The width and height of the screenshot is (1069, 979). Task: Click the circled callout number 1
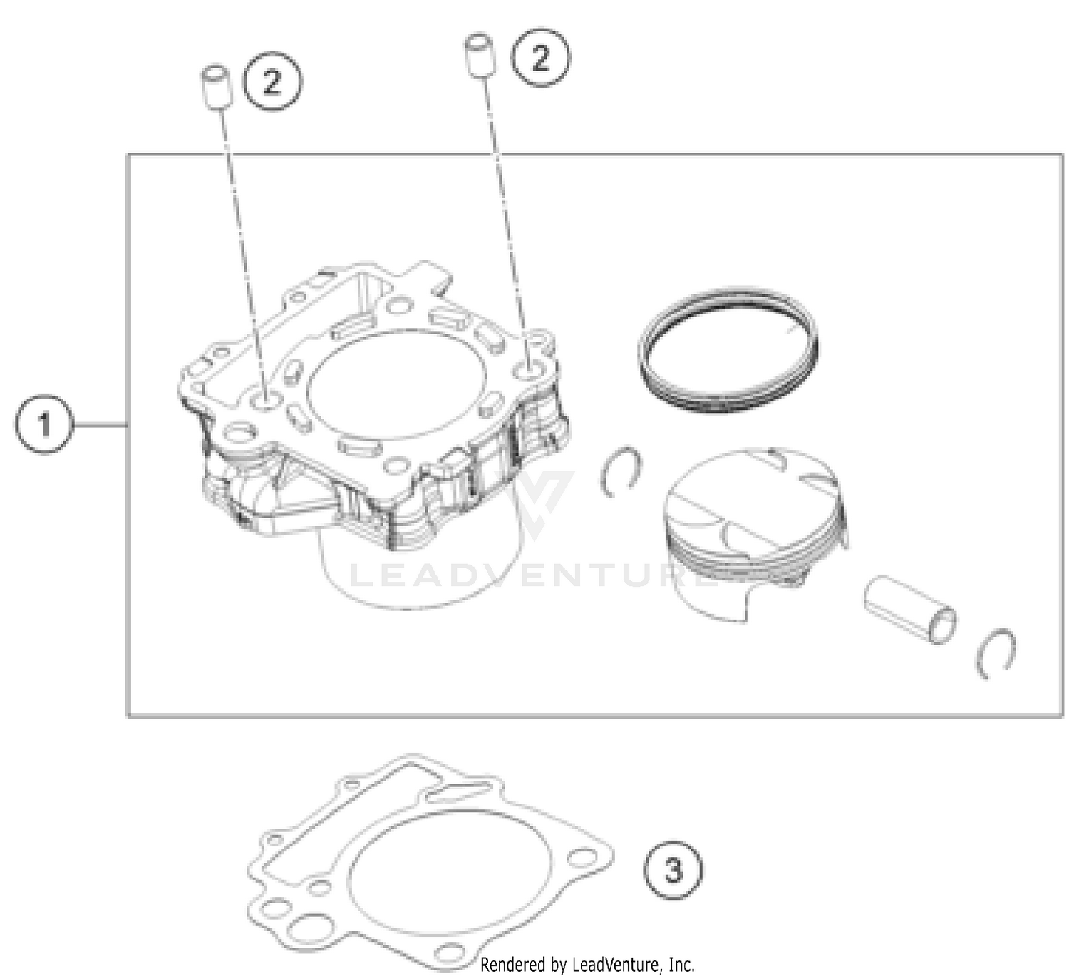pyautogui.click(x=43, y=425)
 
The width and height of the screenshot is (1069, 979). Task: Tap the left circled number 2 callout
pyautogui.click(x=272, y=81)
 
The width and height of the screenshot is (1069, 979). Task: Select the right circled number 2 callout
pyautogui.click(x=541, y=57)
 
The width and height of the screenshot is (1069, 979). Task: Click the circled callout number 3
pyautogui.click(x=673, y=870)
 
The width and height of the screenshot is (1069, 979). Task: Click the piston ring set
pyautogui.click(x=727, y=349)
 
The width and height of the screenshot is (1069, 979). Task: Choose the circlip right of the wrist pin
pyautogui.click(x=996, y=652)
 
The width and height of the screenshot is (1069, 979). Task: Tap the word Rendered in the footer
pyautogui.click(x=511, y=965)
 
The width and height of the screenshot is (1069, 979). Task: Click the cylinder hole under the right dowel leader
pyautogui.click(x=529, y=369)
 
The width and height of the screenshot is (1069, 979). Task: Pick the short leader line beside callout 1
pyautogui.click(x=100, y=425)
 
